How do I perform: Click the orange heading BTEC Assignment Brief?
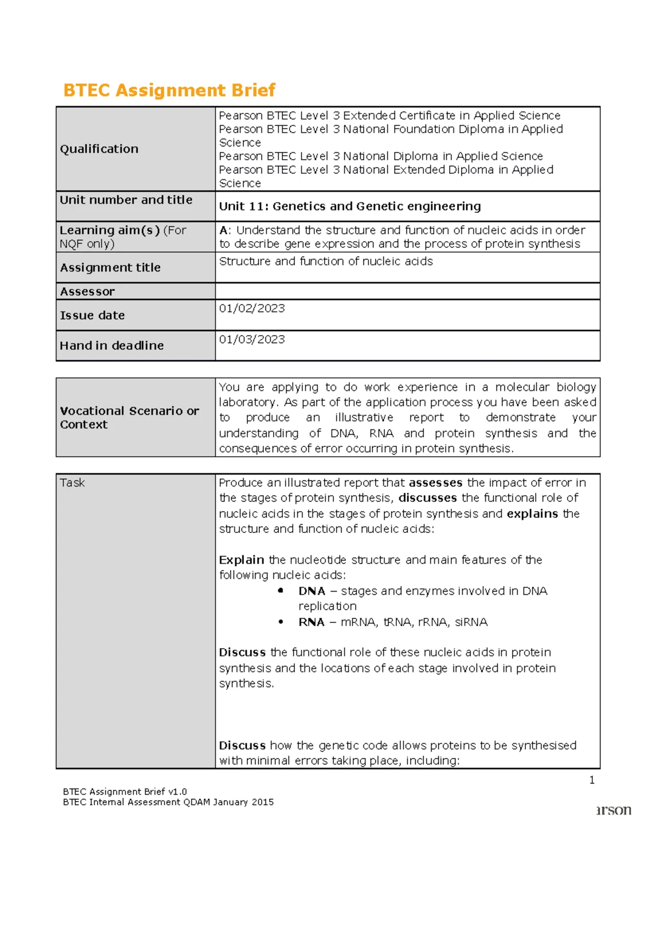click(x=169, y=90)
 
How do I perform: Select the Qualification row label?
click(x=99, y=149)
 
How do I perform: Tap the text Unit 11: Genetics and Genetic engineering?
click(x=350, y=207)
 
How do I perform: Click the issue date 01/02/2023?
click(x=252, y=309)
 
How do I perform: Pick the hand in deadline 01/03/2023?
click(x=252, y=339)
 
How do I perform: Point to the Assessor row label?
click(x=87, y=292)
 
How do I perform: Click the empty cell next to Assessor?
click(x=407, y=291)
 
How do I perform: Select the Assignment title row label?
click(x=110, y=268)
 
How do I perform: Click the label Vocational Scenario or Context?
click(x=129, y=417)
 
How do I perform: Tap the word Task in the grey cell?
click(x=72, y=483)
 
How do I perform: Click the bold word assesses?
click(x=435, y=483)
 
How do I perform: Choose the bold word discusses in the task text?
click(x=427, y=498)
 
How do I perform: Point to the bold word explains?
click(x=532, y=514)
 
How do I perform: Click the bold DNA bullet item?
click(x=311, y=591)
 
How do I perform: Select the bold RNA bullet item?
click(x=311, y=622)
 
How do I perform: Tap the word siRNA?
click(x=471, y=622)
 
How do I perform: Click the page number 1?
click(x=592, y=780)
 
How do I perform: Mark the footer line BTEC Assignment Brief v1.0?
click(x=125, y=792)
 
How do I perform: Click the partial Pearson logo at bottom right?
click(x=614, y=810)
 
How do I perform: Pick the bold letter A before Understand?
click(x=223, y=230)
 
